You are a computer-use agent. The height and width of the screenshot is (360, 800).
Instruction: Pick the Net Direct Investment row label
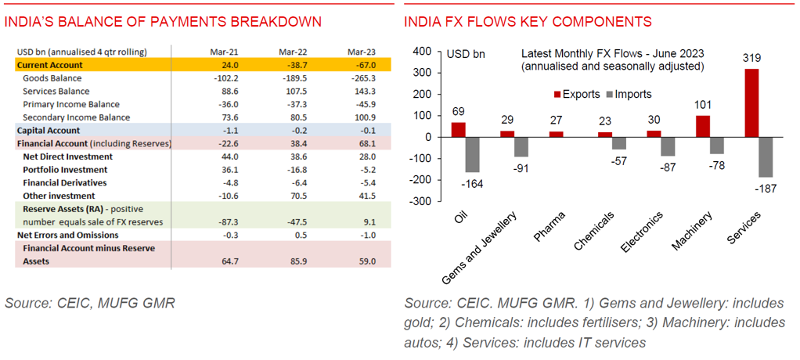(x=67, y=157)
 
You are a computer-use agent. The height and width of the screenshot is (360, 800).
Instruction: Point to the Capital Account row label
(x=49, y=131)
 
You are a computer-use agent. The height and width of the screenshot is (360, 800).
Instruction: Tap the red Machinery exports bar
(x=702, y=126)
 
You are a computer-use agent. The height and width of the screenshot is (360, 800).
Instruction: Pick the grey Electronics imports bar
(x=668, y=146)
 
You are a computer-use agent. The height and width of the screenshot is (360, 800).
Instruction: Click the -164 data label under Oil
(x=471, y=183)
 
